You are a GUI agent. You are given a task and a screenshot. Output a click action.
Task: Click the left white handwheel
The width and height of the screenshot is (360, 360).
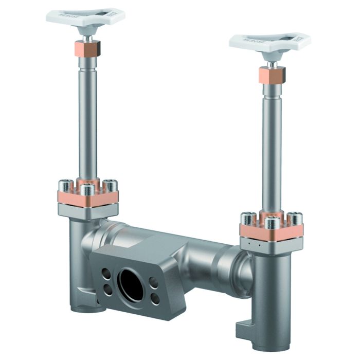[x=85, y=17]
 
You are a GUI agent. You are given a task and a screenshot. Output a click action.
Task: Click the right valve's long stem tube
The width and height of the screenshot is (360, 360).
[x=271, y=144]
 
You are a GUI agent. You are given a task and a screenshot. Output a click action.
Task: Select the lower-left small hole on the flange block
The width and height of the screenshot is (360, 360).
[x=108, y=290]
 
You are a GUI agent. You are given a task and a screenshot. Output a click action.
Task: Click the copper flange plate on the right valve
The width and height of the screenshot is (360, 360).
[x=272, y=232]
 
